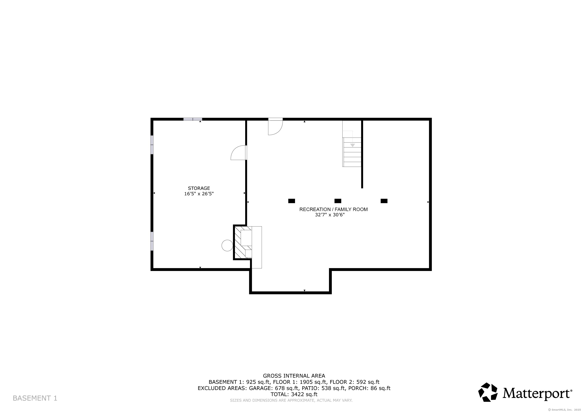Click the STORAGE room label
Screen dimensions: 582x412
point(199,188)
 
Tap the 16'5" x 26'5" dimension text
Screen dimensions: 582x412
point(199,194)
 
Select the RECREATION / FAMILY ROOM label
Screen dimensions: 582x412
point(333,209)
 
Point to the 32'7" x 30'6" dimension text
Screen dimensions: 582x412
point(330,215)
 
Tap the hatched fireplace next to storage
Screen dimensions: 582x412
point(243,242)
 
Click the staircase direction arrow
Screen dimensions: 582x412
point(352,145)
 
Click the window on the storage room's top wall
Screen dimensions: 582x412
point(193,119)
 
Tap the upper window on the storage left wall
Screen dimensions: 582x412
point(152,145)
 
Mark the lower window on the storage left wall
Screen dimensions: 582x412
point(152,241)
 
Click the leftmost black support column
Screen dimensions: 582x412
point(292,201)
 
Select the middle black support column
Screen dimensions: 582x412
point(338,201)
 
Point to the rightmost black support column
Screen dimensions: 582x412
point(384,201)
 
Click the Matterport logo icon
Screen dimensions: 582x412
point(488,392)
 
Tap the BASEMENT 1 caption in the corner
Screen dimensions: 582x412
point(35,398)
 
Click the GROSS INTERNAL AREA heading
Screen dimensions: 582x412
point(294,376)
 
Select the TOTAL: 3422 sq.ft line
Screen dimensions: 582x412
point(294,394)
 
